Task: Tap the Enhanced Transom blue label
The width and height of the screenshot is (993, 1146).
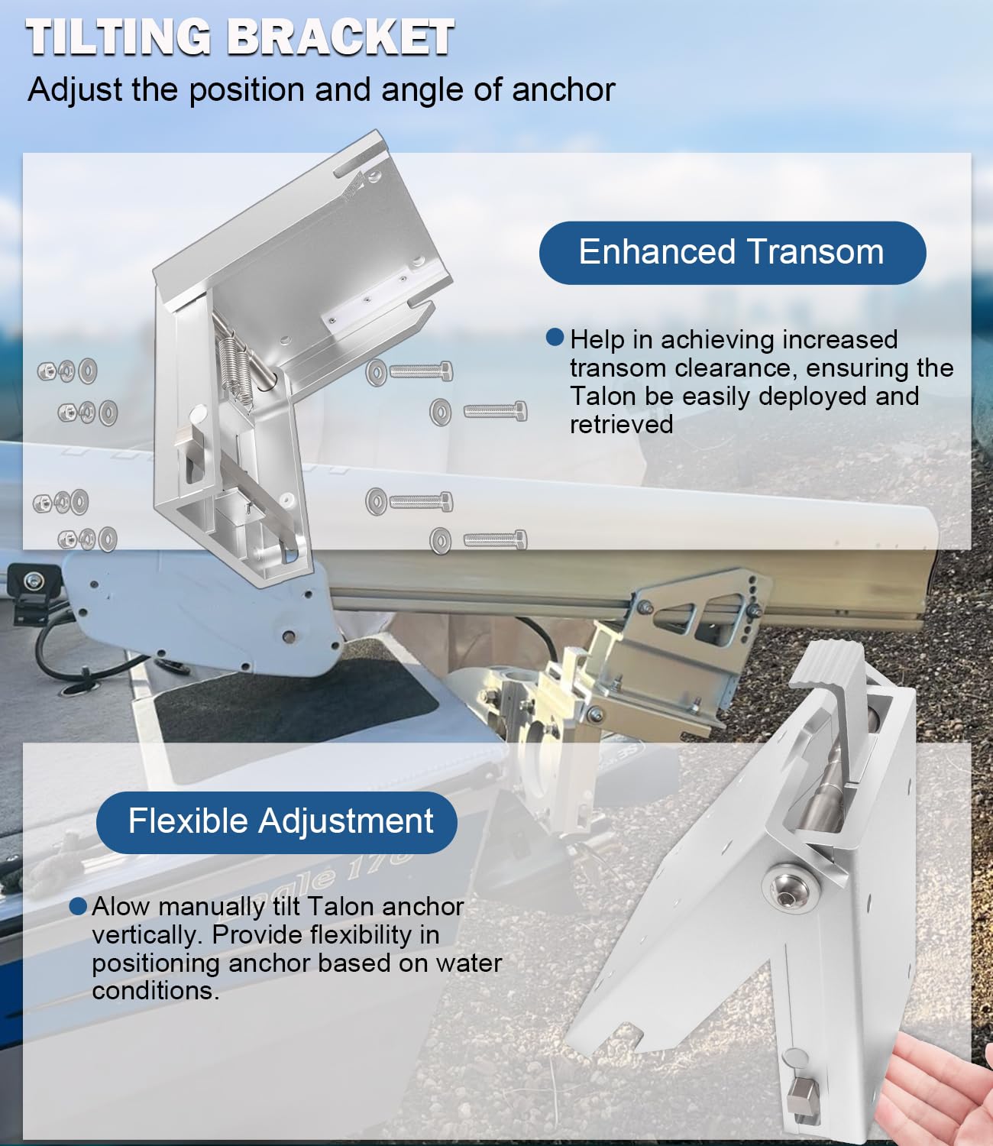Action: [x=732, y=252]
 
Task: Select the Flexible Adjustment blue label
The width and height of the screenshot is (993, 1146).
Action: [x=277, y=822]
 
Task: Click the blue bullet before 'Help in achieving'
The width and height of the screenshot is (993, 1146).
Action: [x=555, y=338]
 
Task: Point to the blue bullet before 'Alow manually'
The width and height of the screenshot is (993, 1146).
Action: [x=78, y=906]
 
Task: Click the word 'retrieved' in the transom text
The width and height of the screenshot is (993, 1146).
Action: [x=621, y=425]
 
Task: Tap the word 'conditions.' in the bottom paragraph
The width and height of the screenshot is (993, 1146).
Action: [x=155, y=991]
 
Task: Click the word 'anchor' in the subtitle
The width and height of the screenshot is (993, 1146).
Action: [x=563, y=90]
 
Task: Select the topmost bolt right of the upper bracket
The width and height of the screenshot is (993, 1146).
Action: [x=411, y=372]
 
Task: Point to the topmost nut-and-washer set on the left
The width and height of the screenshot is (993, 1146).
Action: [x=67, y=371]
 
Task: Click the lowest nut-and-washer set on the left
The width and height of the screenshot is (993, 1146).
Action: [x=87, y=539]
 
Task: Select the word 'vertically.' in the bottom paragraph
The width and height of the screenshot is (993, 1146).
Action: [x=148, y=934]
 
